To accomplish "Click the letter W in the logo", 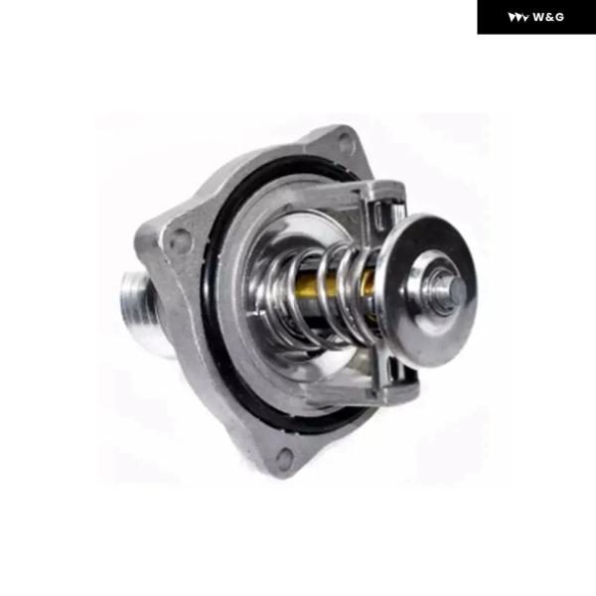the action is (x=538, y=17).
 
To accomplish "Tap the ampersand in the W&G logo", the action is (x=549, y=17).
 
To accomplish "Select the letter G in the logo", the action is (x=559, y=17).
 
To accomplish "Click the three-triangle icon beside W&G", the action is (x=519, y=18).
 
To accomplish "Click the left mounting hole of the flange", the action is (x=181, y=236).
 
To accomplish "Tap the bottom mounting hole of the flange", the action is (x=285, y=458).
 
